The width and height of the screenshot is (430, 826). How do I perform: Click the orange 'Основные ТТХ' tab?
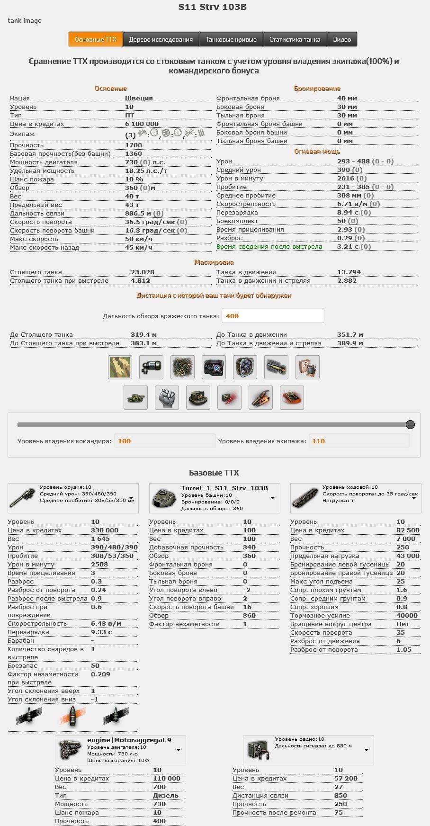click(96, 39)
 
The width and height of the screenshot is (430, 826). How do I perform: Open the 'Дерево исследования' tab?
click(161, 39)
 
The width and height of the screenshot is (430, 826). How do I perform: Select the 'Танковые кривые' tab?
click(231, 39)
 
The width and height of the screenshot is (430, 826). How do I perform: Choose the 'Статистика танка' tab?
click(295, 39)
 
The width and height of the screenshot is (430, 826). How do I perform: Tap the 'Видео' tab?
click(342, 39)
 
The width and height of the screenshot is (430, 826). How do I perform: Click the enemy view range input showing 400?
click(273, 316)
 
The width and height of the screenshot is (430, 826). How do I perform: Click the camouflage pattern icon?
click(120, 367)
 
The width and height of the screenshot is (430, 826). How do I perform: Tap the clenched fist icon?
click(167, 397)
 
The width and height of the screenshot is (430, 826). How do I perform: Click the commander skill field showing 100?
click(164, 441)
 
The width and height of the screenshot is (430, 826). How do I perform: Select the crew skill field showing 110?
click(358, 441)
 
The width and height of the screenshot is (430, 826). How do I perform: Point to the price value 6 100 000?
click(142, 124)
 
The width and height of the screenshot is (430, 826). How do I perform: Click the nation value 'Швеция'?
click(139, 99)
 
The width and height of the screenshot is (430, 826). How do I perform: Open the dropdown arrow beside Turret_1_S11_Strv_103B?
click(273, 498)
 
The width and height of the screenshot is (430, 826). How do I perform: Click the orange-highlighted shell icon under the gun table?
click(72, 716)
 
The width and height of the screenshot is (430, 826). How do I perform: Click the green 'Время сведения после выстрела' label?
click(269, 247)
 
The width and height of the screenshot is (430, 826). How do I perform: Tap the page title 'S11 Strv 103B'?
click(212, 7)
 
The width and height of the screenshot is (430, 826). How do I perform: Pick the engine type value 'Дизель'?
click(165, 795)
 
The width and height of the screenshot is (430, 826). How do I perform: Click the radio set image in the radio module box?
click(259, 750)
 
